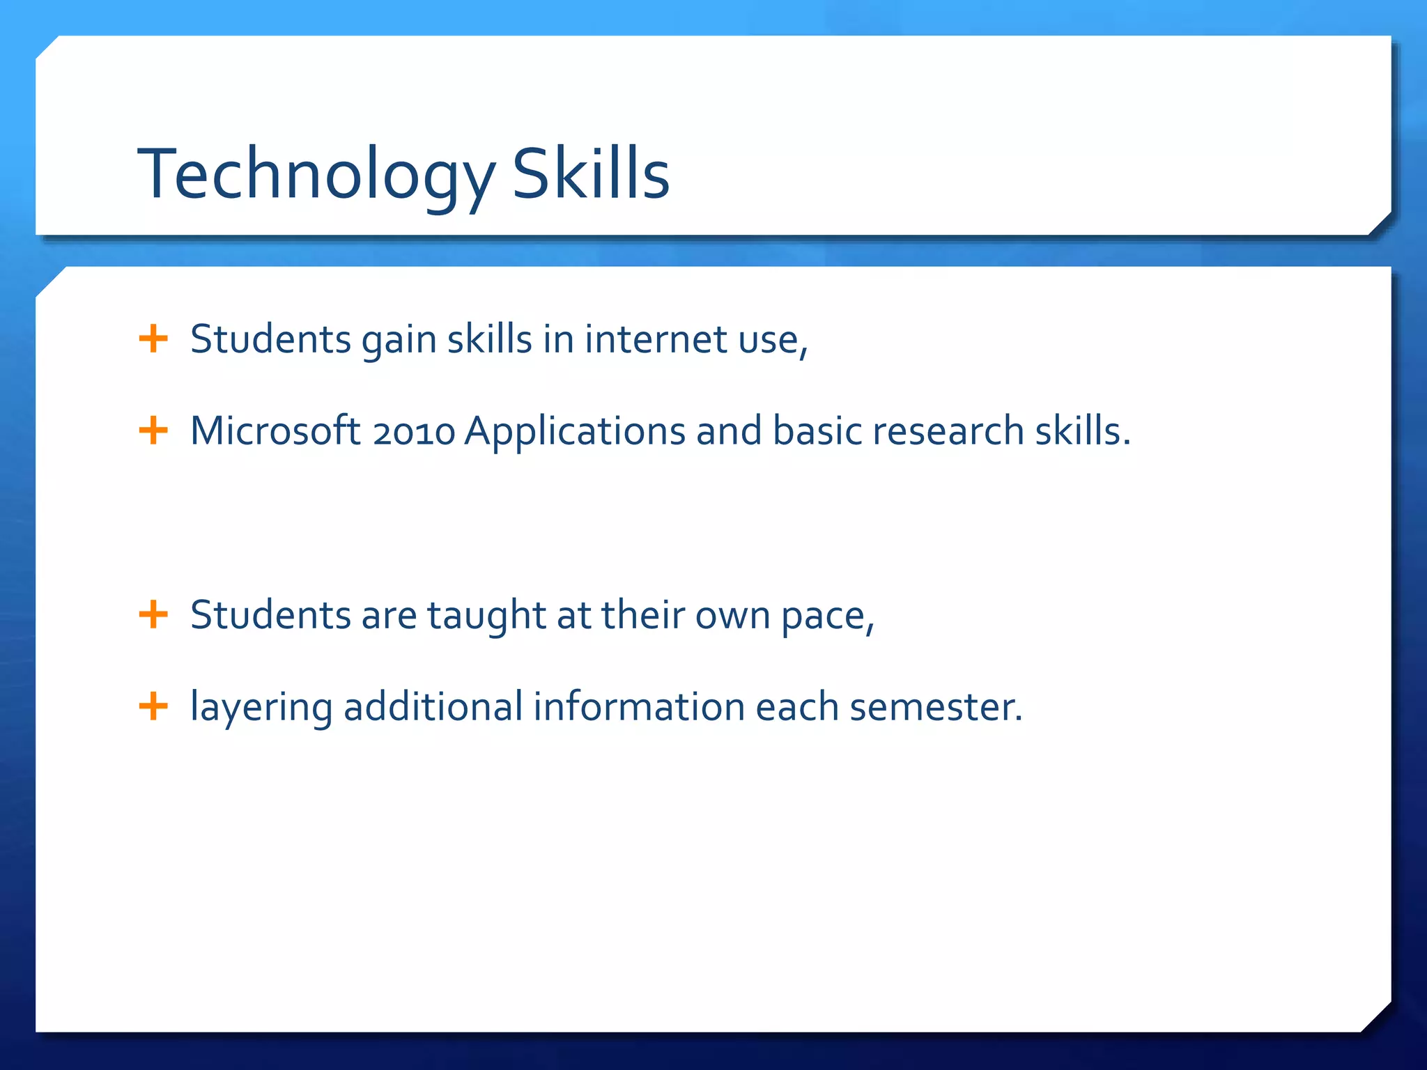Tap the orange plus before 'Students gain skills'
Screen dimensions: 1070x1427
[x=153, y=339]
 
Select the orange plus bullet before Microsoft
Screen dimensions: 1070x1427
[x=153, y=431]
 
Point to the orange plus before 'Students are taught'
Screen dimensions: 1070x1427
[x=153, y=615]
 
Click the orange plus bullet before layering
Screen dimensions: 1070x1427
[x=153, y=706]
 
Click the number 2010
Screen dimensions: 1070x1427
[x=414, y=432]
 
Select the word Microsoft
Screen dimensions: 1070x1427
[x=275, y=431]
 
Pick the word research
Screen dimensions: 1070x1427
[x=948, y=431]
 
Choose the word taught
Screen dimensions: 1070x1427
[x=486, y=617]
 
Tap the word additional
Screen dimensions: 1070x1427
[x=433, y=706]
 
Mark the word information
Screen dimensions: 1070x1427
[x=639, y=706]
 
